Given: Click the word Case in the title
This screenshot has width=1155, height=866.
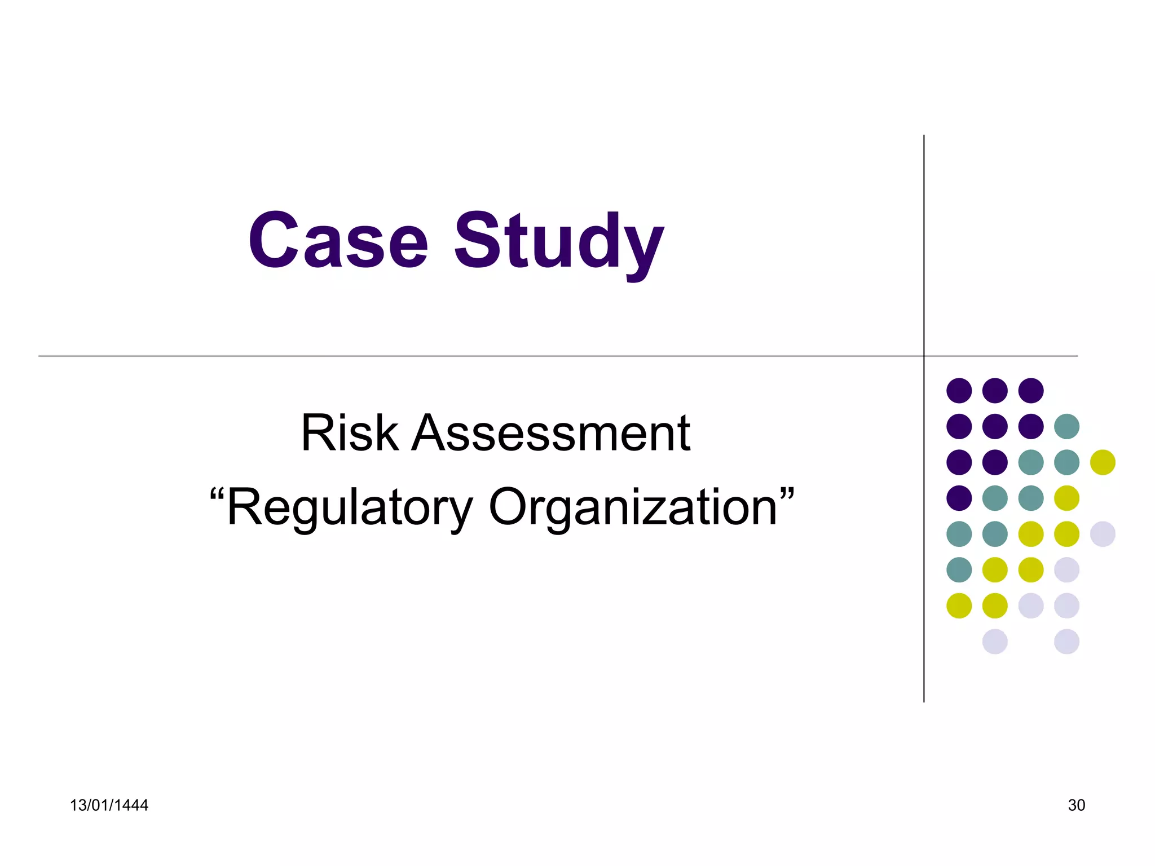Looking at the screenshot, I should pos(338,241).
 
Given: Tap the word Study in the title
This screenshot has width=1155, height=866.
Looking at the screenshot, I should pos(559,242).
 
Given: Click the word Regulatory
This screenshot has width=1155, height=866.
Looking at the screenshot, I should pos(349,507).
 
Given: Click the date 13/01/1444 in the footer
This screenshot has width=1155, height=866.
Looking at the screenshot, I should pos(109,805).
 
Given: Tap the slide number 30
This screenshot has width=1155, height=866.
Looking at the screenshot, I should pos(1076,805).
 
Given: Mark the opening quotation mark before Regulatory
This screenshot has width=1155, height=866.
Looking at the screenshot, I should pos(217,496).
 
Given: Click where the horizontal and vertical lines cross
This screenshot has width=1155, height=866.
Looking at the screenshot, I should pos(924,356).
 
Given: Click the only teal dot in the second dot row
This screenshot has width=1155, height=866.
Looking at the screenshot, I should pos(1066,426).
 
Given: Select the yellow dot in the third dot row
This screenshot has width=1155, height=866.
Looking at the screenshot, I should pos(1103,462).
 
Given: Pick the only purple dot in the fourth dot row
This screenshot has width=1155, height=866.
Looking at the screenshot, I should pos(959,498).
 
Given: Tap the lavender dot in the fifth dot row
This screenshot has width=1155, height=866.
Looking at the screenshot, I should pos(1103,534).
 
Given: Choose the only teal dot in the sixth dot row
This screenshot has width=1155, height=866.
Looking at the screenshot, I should pos(959,569).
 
